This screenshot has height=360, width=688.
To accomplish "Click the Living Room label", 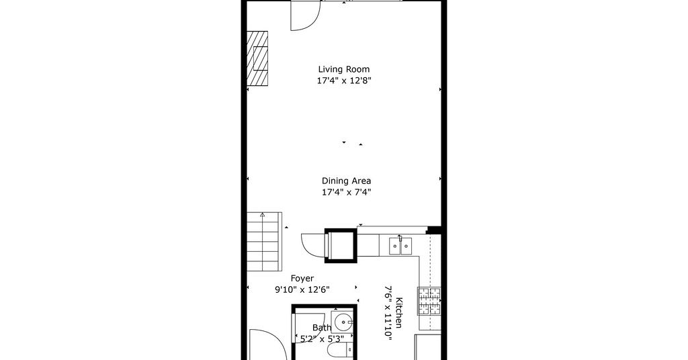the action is [x=343, y=69].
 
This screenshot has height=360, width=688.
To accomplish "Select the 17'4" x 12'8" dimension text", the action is [x=344, y=81].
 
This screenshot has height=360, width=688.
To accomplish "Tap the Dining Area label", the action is [x=346, y=181].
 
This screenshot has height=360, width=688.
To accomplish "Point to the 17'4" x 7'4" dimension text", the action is [x=346, y=192].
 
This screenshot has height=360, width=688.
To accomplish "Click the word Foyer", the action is [x=302, y=279].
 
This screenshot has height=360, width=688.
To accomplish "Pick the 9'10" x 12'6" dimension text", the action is [x=302, y=289].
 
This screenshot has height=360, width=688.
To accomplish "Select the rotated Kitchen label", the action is [x=399, y=312].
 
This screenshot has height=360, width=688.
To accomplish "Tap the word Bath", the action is [x=322, y=328].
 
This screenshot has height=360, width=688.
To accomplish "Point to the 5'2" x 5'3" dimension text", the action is [x=322, y=339].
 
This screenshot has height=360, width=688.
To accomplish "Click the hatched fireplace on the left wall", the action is [x=257, y=58].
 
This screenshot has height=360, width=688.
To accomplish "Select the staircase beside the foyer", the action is [x=263, y=242].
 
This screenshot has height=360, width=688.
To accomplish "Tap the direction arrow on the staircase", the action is [x=263, y=215].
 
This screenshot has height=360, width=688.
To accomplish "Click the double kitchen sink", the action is [x=400, y=246].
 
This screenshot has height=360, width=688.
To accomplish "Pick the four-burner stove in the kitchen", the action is [x=429, y=302].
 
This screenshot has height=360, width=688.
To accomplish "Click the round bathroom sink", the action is [x=343, y=323].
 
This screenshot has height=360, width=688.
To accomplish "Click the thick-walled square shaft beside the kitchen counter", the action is [x=340, y=246].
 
